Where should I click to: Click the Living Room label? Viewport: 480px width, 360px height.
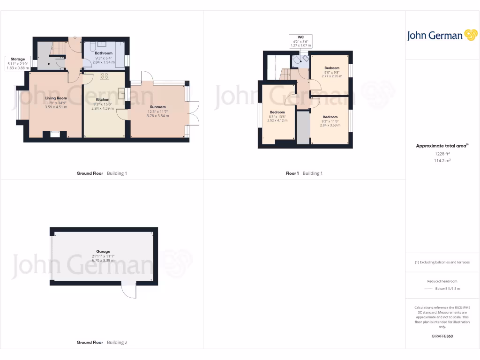tap(56, 98)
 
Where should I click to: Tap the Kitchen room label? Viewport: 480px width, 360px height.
tap(103, 100)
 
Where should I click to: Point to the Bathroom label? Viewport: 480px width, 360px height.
tap(103, 53)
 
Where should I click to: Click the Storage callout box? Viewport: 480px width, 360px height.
tap(18, 63)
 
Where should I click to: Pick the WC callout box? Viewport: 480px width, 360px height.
tap(300, 40)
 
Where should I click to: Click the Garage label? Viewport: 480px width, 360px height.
tap(103, 252)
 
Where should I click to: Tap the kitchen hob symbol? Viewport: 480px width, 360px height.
tap(105, 75)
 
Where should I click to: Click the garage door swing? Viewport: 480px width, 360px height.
tap(128, 291)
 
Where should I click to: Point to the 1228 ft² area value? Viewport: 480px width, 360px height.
tap(441, 153)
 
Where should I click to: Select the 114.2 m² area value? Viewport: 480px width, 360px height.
tap(441, 160)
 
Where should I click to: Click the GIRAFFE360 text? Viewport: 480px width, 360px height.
tap(442, 336)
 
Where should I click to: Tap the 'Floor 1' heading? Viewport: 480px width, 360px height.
tap(292, 173)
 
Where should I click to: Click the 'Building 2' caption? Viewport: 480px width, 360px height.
tap(117, 343)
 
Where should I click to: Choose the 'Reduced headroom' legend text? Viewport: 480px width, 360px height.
tap(442, 281)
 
